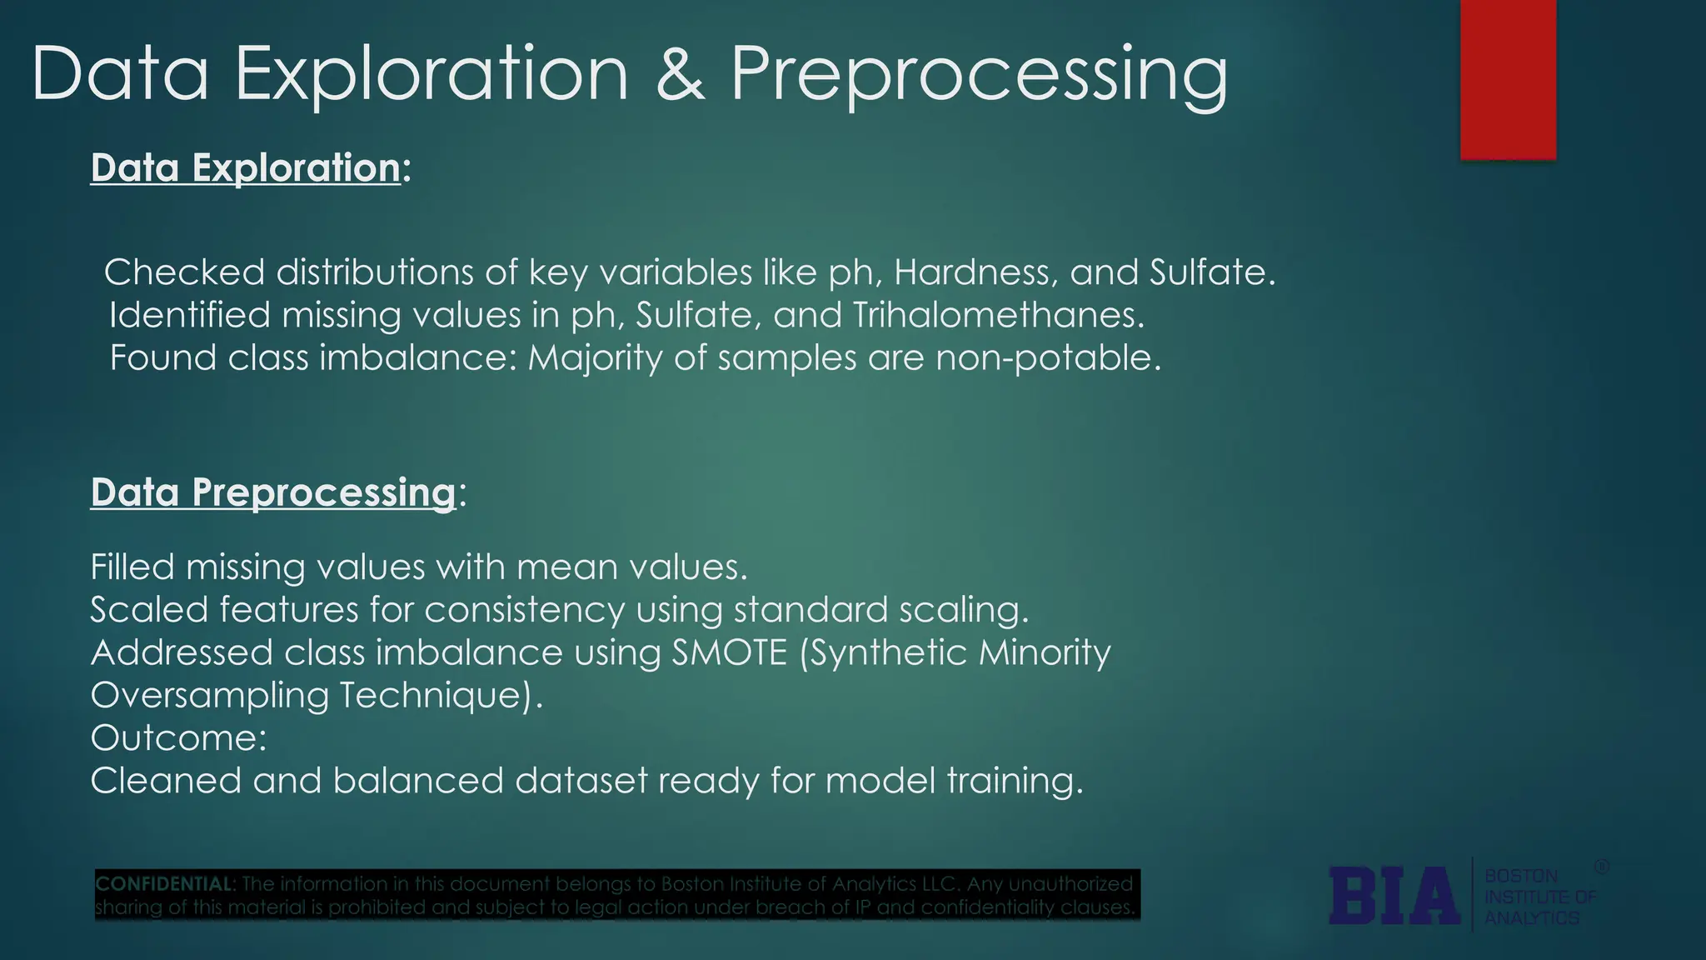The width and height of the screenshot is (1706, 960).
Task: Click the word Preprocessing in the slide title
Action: click(x=979, y=75)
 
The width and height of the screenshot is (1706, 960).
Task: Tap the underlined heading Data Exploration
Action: click(x=246, y=167)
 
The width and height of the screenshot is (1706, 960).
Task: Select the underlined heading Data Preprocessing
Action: click(x=273, y=492)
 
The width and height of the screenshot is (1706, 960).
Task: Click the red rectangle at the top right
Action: click(x=1508, y=79)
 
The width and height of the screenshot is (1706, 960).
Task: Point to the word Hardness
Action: click(x=975, y=272)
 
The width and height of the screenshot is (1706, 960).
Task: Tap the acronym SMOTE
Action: click(x=729, y=652)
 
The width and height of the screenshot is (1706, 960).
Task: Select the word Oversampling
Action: click(x=209, y=696)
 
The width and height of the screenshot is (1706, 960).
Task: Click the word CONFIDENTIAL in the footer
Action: click(x=164, y=884)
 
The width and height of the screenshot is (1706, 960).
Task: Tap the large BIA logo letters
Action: click(x=1394, y=897)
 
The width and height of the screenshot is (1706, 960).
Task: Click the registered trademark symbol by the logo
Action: click(x=1601, y=867)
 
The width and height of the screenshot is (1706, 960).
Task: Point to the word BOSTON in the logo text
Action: click(x=1521, y=877)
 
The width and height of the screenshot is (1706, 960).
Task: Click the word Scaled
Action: click(x=148, y=610)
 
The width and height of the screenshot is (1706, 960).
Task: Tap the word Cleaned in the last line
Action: click(x=165, y=781)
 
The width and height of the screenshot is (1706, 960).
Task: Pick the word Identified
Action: click(x=189, y=315)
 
